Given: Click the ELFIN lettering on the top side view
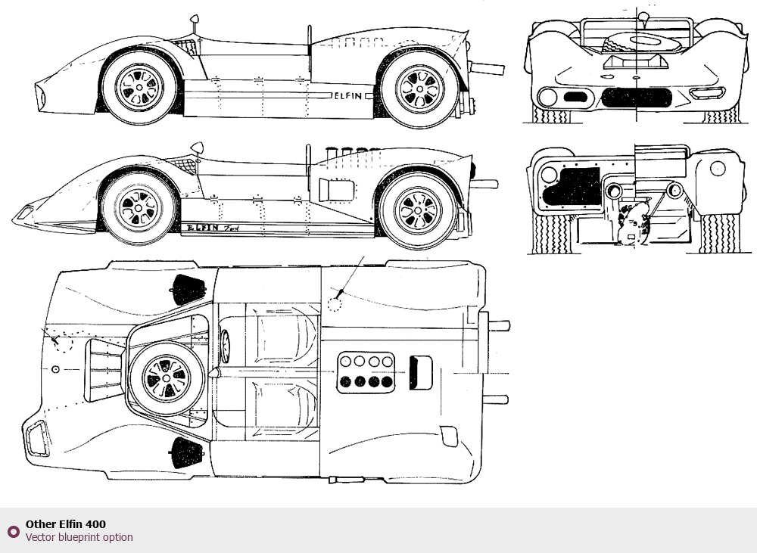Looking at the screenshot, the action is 348,95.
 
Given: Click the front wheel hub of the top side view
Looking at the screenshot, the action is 139,87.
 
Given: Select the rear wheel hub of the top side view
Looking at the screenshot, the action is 419,89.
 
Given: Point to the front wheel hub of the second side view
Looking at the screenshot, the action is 139,208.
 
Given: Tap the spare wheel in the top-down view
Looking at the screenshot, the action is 167,378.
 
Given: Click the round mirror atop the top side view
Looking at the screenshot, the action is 195,20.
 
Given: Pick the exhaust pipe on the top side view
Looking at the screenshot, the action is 487,68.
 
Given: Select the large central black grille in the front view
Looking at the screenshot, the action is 637,98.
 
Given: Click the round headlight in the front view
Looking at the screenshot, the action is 547,97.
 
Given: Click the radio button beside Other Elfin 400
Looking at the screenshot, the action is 14,532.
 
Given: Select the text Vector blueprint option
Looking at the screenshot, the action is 79,537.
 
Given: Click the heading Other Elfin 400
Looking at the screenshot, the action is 66,524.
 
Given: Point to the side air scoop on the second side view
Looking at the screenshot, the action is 337,190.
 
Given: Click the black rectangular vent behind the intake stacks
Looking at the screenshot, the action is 420,372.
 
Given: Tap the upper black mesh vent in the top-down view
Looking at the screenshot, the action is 188,290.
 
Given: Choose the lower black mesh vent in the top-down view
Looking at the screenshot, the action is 187,452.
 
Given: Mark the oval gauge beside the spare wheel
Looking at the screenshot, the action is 226,346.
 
